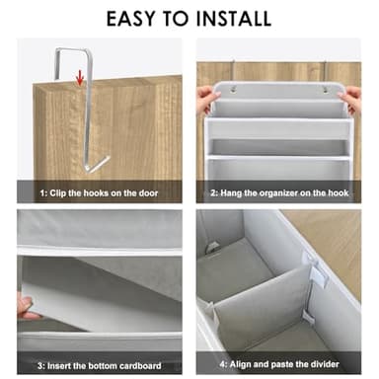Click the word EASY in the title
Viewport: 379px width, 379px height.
coord(129,18)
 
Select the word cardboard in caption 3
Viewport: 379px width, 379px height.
coord(140,365)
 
